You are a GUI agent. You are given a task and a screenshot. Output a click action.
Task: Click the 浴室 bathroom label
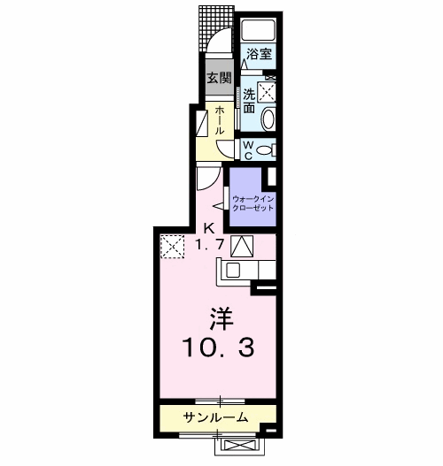(x=259, y=55)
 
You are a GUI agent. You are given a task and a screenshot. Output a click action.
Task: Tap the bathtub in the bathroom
(x=259, y=30)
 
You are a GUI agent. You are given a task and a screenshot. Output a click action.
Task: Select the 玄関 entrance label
(x=219, y=78)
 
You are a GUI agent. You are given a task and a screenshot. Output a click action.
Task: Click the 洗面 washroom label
(x=250, y=101)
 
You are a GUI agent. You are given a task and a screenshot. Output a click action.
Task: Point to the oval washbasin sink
(x=268, y=119)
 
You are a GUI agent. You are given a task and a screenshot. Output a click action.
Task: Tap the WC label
(x=248, y=150)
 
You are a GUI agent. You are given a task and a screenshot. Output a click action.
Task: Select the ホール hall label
(x=220, y=120)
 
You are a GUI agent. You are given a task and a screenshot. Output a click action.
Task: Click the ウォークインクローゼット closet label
(x=253, y=203)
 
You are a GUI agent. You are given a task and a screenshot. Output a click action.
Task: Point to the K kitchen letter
(x=209, y=229)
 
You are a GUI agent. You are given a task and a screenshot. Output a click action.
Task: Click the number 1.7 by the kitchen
(x=209, y=245)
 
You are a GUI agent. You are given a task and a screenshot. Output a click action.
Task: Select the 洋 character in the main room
(x=221, y=319)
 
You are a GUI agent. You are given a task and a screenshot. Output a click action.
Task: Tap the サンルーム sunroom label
(x=215, y=417)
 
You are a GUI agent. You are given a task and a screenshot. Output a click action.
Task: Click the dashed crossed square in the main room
(x=173, y=247)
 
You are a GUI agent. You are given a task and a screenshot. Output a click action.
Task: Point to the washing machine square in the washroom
(x=267, y=92)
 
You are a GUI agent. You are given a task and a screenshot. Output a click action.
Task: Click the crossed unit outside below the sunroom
(x=240, y=446)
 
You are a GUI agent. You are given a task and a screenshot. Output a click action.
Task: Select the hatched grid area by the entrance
(x=216, y=28)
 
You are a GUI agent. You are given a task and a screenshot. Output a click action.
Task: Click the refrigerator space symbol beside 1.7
(x=242, y=246)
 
